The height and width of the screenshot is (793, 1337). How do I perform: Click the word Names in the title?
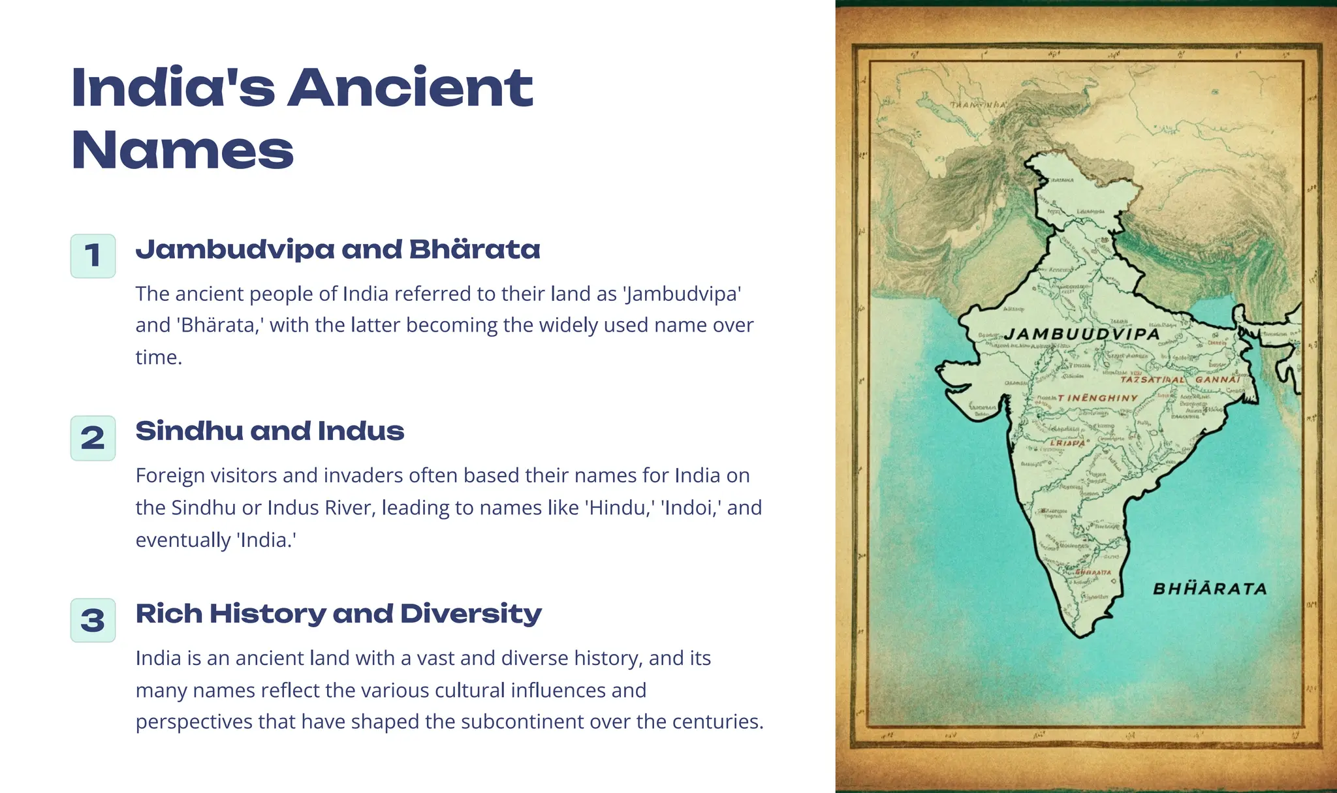click(x=183, y=150)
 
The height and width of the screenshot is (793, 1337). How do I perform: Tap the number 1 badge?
click(x=93, y=256)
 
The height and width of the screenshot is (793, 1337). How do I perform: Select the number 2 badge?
click(x=93, y=438)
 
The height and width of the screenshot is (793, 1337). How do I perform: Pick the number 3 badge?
click(x=93, y=620)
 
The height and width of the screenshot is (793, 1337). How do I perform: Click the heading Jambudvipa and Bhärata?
click(x=338, y=249)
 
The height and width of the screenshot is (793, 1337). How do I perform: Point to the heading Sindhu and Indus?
click(x=270, y=431)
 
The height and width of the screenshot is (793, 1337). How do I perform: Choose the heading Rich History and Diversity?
click(x=338, y=614)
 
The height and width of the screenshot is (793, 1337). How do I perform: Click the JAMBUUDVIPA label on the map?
click(x=1082, y=334)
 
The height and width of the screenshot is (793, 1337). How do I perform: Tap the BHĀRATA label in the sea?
click(x=1210, y=589)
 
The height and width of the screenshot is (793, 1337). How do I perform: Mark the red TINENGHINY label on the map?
click(x=1097, y=397)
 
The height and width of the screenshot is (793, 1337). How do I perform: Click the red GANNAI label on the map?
click(x=1217, y=379)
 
